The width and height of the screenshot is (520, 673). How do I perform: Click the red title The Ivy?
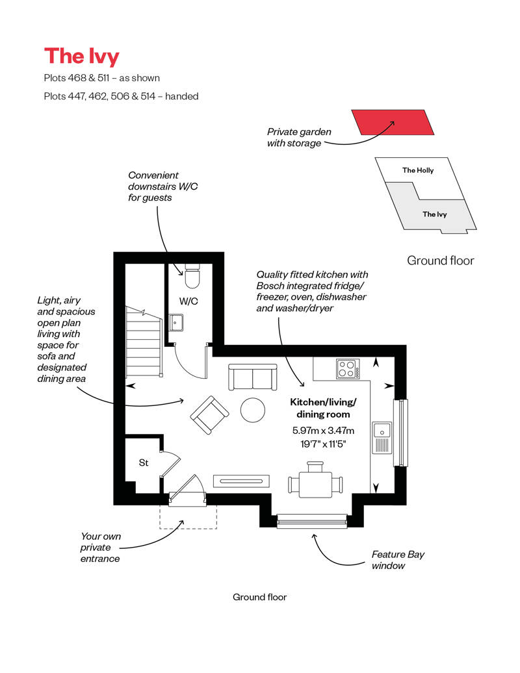pos(82,57)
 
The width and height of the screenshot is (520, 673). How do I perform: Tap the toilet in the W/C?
pos(192,276)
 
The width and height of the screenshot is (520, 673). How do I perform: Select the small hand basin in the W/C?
pos(176,322)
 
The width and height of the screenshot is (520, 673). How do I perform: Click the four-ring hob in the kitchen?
pos(348,369)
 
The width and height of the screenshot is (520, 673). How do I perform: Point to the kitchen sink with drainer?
pos(382,437)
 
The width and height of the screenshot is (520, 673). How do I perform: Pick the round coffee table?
pos(252,410)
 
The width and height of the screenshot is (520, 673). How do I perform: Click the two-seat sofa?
pos(252,377)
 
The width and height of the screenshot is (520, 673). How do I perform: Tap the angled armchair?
pos(209,414)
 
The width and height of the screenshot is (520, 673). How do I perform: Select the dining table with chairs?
pos(316,480)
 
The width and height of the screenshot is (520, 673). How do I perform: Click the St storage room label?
pos(144,463)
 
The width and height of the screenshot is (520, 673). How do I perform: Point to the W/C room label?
pos(188,301)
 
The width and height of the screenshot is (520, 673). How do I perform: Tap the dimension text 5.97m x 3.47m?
pos(323,430)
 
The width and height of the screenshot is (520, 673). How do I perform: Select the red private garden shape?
pos(393,122)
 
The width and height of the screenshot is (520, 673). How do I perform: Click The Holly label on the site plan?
pos(418,170)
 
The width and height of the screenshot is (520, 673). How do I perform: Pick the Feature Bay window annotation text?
pos(398,560)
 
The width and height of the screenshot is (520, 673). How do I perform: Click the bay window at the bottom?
pos(312,520)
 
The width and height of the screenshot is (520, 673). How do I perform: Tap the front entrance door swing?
pos(188,490)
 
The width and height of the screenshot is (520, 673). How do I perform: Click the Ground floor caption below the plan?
pos(259,597)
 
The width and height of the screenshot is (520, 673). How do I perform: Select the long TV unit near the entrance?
pos(241,481)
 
